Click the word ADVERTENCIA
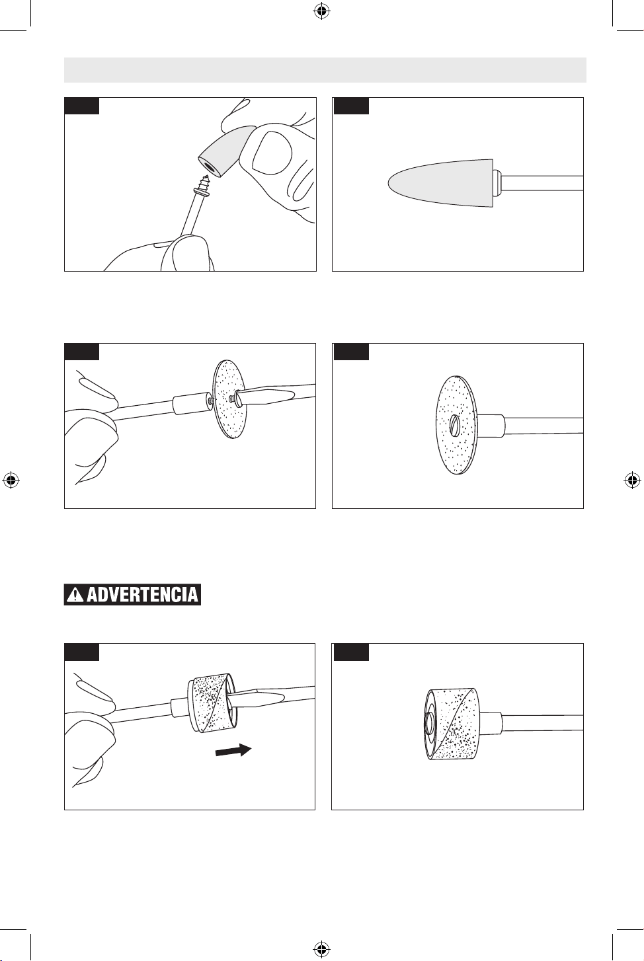pyautogui.click(x=142, y=595)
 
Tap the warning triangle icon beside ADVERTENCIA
pyautogui.click(x=75, y=595)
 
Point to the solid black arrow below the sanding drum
pyautogui.click(x=233, y=750)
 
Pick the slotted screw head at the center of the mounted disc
pyautogui.click(x=454, y=426)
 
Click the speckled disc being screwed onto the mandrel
pyautogui.click(x=230, y=400)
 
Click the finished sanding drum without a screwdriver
pyautogui.click(x=452, y=724)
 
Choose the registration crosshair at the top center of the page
pyautogui.click(x=320, y=12)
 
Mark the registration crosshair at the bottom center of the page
pyautogui.click(x=320, y=948)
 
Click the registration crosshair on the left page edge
pyautogui.click(x=11, y=480)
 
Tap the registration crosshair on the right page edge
pyautogui.click(x=632, y=480)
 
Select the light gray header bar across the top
pyautogui.click(x=325, y=70)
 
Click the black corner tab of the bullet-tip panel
pyautogui.click(x=351, y=106)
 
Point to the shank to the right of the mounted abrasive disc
pyautogui.click(x=543, y=426)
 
